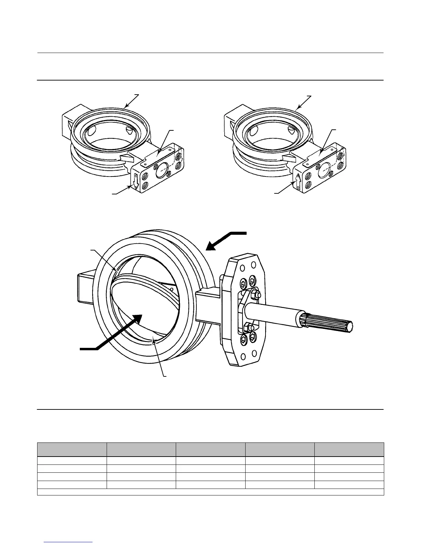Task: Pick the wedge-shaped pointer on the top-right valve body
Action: (288, 158)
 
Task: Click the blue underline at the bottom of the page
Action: (69, 542)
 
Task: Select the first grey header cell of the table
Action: (72, 450)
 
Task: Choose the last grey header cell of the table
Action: (349, 450)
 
